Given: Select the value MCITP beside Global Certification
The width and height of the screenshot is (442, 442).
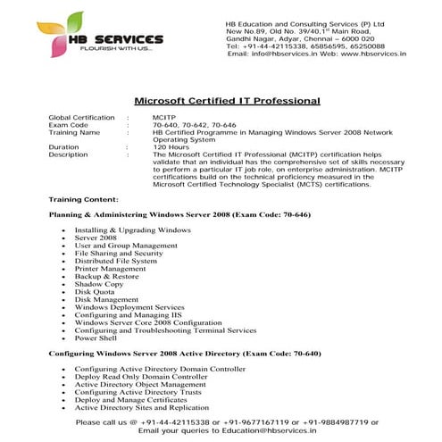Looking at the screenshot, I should coord(164,118).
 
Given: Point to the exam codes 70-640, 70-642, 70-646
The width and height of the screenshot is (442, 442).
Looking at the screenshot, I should coord(195,125).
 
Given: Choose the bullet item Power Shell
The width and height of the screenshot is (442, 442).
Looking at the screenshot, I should coord(97,338).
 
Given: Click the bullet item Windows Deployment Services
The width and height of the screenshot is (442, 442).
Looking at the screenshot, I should coord(130,306).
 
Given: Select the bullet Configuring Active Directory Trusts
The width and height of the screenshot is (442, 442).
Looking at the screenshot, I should coord(138,392).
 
